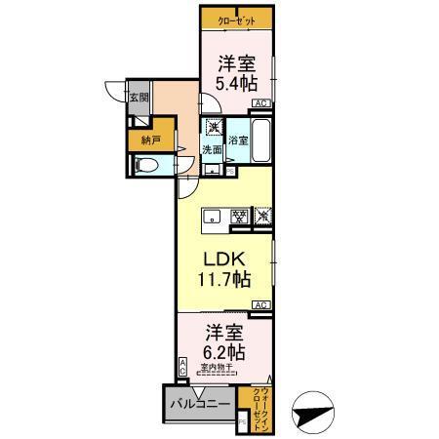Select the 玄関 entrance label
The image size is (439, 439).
coord(139,98)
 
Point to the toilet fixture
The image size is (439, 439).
coord(144,166)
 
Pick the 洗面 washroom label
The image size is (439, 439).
coord(212,149)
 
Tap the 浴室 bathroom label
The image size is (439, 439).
coord(239,140)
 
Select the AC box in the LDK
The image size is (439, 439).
coord(260,305)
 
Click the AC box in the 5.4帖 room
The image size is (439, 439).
coord(260,102)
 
